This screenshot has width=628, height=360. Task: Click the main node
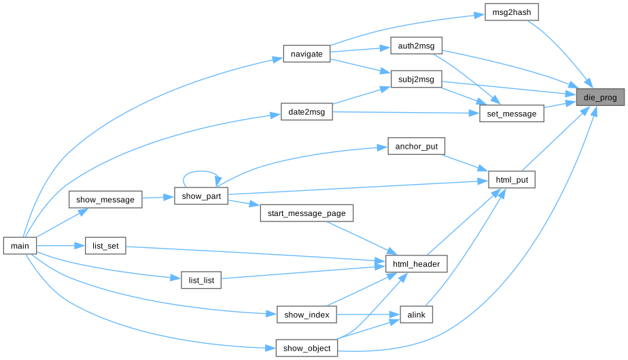(20, 246)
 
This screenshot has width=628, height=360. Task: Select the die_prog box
(599, 98)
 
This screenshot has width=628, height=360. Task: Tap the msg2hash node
(512, 13)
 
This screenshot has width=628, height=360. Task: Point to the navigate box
(307, 54)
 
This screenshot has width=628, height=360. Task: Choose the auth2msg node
(416, 46)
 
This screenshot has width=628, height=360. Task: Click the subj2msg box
(416, 79)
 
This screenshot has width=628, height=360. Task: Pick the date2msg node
(307, 112)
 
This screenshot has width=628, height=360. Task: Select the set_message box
(511, 113)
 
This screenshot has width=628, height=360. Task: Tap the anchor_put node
(416, 146)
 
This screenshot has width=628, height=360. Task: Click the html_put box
(512, 180)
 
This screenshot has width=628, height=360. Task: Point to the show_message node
(105, 200)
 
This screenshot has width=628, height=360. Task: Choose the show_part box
(201, 196)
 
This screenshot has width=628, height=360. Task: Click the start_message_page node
(307, 213)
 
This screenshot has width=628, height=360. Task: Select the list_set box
(105, 246)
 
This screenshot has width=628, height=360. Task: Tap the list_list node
(201, 280)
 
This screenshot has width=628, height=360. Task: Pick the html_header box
(416, 264)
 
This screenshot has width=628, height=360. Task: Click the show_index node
(307, 314)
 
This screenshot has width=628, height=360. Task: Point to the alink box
(416, 314)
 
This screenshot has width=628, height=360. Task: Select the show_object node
(307, 348)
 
